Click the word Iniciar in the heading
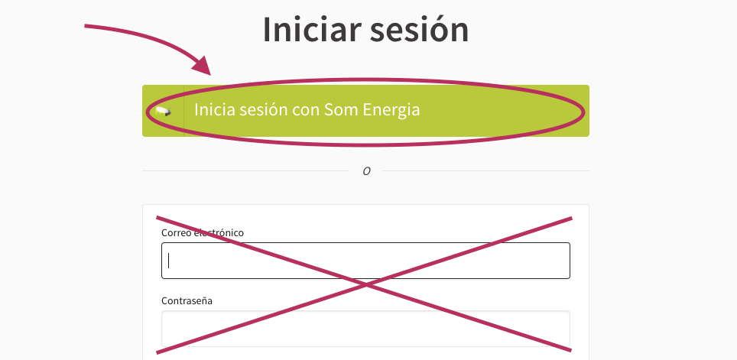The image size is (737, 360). click(312, 29)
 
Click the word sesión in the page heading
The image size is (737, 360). click(420, 29)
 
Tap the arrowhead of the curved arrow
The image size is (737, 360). click(203, 66)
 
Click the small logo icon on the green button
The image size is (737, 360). click(163, 112)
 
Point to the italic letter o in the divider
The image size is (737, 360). click(367, 171)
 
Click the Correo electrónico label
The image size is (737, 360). click(203, 232)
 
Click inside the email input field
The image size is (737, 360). click(365, 261)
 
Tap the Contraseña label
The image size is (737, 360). click(187, 301)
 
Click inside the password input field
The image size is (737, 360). click(365, 329)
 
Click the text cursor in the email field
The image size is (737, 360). click(169, 261)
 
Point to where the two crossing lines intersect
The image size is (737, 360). click(365, 284)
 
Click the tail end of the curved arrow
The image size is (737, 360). click(85, 26)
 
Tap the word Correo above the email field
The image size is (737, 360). click(177, 232)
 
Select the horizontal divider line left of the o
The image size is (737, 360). click(246, 171)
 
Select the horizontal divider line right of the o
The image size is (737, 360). click(485, 171)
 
